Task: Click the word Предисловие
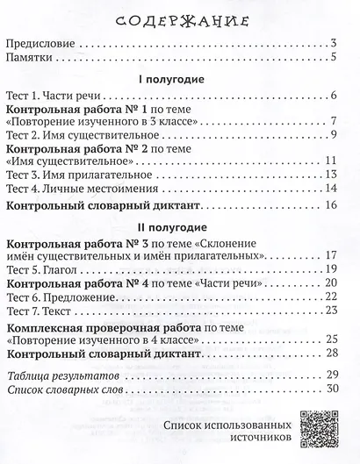(40, 42)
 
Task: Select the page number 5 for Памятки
(335, 58)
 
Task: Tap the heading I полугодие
(171, 79)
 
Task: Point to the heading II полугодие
(172, 226)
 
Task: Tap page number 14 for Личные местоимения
(331, 188)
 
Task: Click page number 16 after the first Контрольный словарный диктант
(331, 205)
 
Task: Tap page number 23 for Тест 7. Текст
(331, 311)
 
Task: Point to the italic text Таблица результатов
(62, 375)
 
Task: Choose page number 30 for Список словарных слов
(331, 389)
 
